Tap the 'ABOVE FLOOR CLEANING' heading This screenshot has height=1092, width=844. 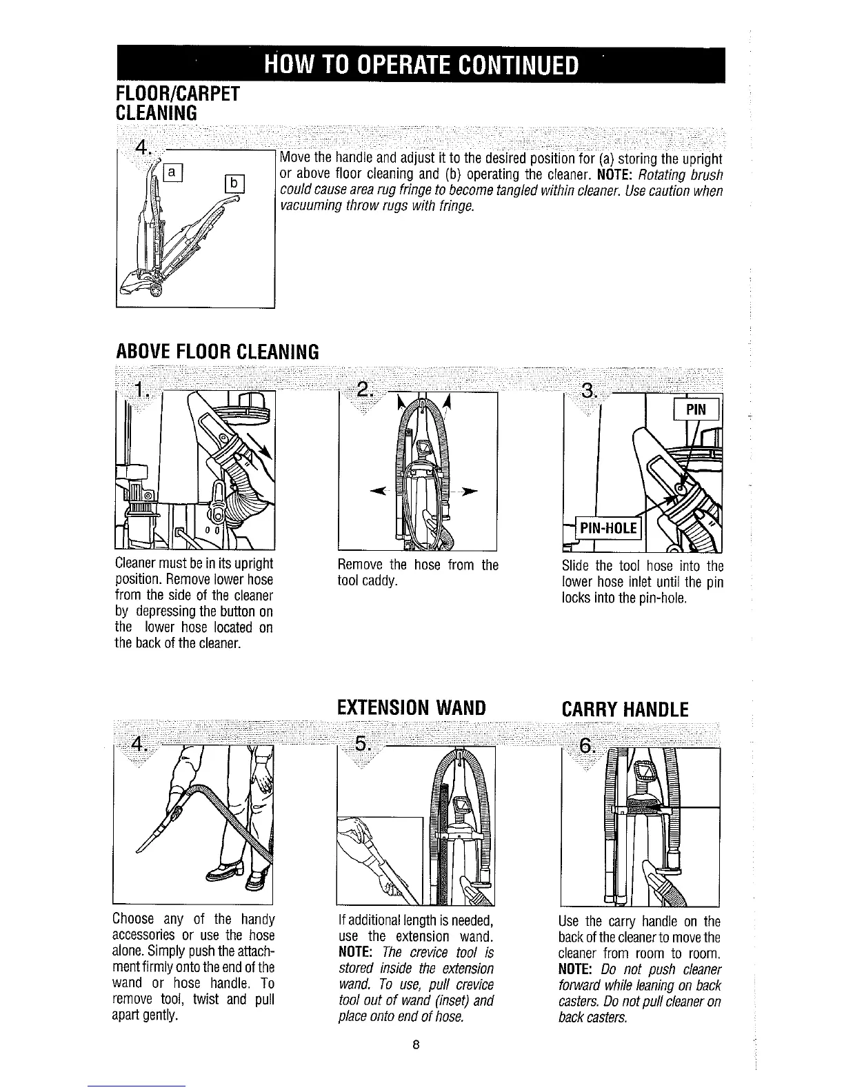click(217, 352)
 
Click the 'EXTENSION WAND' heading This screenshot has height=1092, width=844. click(412, 708)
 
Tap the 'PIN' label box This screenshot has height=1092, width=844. click(697, 410)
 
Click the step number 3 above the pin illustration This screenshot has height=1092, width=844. click(588, 392)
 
